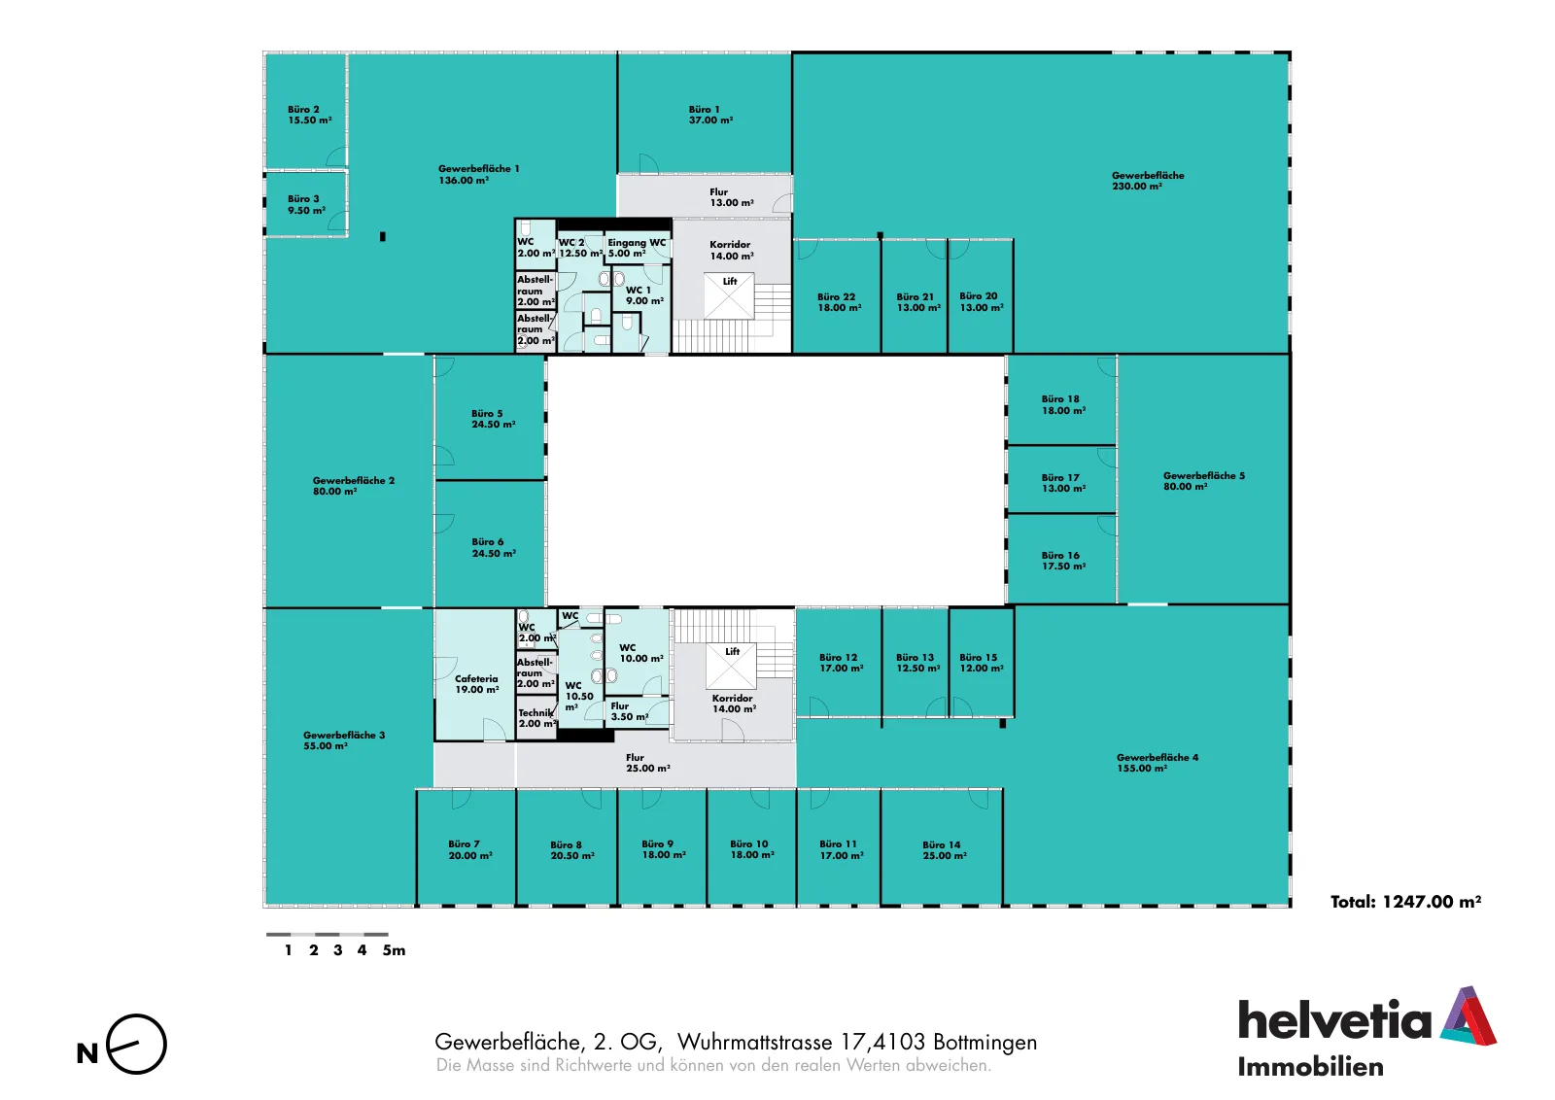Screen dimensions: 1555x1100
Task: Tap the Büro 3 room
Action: [306, 204]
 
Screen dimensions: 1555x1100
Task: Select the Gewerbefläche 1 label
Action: [478, 169]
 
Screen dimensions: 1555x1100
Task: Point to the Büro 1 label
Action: [704, 110]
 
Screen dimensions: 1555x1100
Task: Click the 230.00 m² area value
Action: [1137, 186]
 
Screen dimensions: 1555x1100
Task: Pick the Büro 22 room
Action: [837, 296]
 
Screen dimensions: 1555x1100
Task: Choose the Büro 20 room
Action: [981, 296]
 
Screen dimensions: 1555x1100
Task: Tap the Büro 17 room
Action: [1060, 480]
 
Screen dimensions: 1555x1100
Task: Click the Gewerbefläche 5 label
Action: [1204, 476]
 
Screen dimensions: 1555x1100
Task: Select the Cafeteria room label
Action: [476, 678]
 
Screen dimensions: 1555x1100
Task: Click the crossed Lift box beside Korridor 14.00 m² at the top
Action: [729, 295]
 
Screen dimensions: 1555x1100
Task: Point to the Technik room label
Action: [536, 712]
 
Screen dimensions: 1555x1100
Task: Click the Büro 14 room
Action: [942, 847]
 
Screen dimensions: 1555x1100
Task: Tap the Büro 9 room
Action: [662, 847]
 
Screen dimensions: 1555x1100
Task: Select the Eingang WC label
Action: [637, 243]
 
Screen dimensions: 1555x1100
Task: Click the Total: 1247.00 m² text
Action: [1405, 902]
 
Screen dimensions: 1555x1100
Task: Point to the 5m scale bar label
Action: [394, 950]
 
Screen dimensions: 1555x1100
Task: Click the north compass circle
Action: [137, 1044]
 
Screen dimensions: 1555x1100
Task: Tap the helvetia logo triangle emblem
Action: [1469, 1016]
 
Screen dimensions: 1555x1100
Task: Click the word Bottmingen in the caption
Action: [985, 1043]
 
